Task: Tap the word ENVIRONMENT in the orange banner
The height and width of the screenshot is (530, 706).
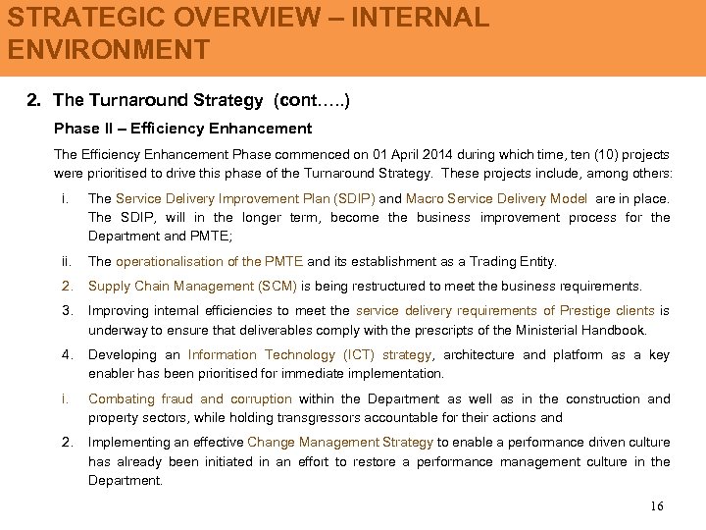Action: coord(108,50)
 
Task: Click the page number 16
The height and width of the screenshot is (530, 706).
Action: coord(656,505)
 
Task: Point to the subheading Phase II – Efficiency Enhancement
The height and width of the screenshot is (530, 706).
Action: coord(183,128)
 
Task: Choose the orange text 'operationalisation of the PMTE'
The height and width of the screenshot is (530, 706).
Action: coord(210,261)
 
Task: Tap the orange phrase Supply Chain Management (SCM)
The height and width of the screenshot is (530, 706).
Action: coord(192,286)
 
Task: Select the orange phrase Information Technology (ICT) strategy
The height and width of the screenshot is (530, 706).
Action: coord(310,355)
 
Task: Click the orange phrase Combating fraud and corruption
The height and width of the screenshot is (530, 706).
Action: coord(190,398)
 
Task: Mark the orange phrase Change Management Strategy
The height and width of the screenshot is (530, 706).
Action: coord(341,443)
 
